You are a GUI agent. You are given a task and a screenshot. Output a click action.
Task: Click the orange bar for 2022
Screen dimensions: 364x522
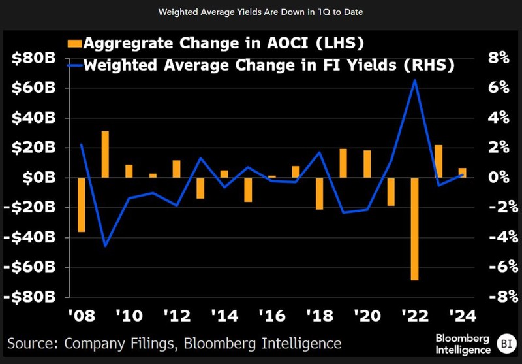(414, 229)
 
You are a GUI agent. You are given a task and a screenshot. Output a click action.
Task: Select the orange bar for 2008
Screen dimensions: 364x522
(82, 205)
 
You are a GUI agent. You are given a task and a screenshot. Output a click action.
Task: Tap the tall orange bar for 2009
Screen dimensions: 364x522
(105, 154)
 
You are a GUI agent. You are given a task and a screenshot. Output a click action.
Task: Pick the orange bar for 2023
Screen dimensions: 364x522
(438, 161)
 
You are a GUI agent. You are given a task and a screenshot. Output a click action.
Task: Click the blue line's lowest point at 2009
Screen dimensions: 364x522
(105, 246)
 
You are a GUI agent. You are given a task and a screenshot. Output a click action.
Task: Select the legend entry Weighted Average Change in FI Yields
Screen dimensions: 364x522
(262, 64)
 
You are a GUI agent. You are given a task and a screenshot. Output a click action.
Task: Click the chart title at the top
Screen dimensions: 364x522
(261, 12)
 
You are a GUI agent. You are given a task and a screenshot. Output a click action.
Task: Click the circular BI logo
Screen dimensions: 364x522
(505, 341)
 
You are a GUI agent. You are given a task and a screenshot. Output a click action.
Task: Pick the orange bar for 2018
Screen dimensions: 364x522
(320, 193)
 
